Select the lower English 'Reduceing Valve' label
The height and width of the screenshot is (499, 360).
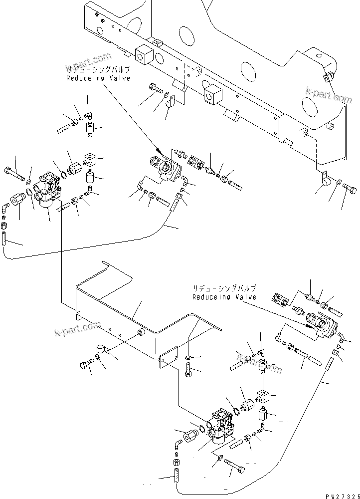pyautogui.click(x=224, y=297)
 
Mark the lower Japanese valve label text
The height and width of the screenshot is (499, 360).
pyautogui.click(x=225, y=289)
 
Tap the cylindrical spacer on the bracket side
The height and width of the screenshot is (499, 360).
pyautogui.click(x=142, y=333)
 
